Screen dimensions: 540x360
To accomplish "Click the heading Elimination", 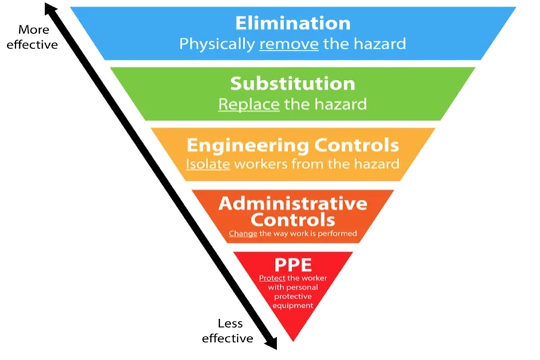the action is point(293,23).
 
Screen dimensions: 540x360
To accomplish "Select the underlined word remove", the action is point(289,44).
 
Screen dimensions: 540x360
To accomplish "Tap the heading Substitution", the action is point(293,84).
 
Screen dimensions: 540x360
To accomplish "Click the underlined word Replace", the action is point(249,104).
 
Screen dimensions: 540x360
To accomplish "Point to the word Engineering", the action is point(248,146).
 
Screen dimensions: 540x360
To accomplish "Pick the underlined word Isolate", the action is point(208,164).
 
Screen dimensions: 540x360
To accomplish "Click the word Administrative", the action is point(293,203).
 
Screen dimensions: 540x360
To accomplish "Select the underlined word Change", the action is point(243,233).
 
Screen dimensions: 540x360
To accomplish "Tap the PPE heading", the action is point(293,265).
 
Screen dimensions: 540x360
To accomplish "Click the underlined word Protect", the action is point(272,278).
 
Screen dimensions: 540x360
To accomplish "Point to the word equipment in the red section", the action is point(293,306).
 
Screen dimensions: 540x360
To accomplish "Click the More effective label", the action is point(33,37).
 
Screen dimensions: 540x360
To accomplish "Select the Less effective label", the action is point(228,331).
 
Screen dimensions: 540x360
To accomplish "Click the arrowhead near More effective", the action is point(49,8).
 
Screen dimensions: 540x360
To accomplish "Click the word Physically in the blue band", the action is point(217,44).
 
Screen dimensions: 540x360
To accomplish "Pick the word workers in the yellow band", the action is point(261,164).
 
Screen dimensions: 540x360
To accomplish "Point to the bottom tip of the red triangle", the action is point(293,341).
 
